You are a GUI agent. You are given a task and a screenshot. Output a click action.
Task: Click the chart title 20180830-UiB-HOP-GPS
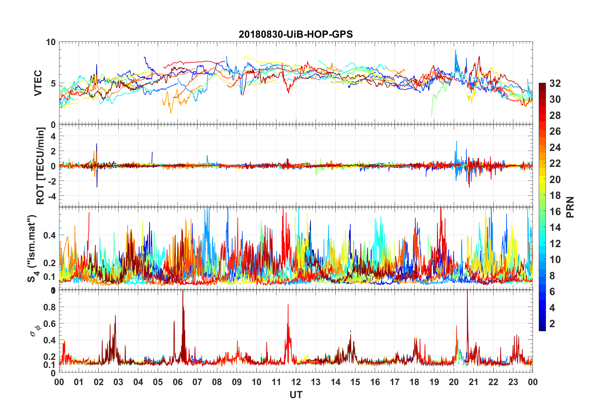click(x=296, y=34)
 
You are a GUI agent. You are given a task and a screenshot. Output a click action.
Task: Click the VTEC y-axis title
click(x=38, y=83)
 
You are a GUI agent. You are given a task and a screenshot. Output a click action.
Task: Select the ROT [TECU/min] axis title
click(x=40, y=166)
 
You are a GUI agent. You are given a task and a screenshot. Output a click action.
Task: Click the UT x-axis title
click(x=296, y=395)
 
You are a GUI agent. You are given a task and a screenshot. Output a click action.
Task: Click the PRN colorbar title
click(x=570, y=207)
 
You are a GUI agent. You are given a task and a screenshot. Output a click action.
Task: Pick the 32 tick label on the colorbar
click(x=555, y=83)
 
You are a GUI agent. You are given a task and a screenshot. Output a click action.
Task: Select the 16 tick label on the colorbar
click(x=555, y=212)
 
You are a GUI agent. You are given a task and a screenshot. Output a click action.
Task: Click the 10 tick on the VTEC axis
click(x=51, y=42)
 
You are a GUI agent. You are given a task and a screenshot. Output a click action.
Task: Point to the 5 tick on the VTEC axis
click(x=53, y=83)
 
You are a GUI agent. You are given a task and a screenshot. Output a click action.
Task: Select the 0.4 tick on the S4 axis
click(x=49, y=235)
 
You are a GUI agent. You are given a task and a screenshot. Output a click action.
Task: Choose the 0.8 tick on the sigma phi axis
click(x=49, y=307)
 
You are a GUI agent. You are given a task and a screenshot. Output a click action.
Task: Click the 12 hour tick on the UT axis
click(x=296, y=382)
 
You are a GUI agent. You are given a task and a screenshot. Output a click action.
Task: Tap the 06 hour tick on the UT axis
click(x=178, y=382)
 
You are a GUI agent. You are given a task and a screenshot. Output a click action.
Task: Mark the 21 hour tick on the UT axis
click(x=473, y=382)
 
